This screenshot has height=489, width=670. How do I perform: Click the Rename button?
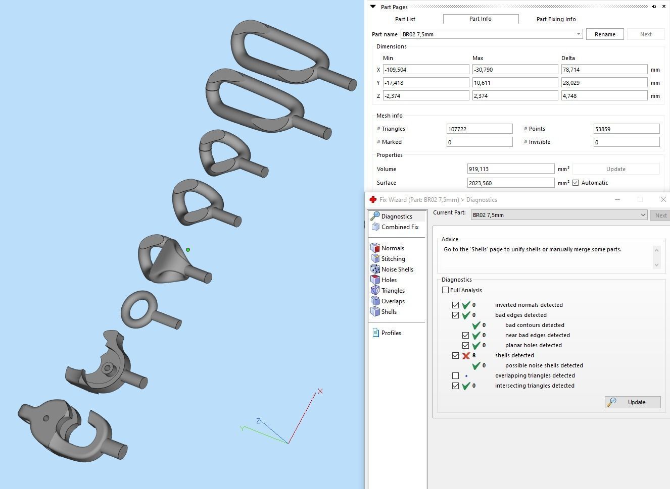pos(605,34)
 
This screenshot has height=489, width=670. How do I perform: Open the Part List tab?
pos(405,19)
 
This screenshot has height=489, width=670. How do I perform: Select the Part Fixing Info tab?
pos(556,19)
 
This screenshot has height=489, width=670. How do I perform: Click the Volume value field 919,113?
pos(510,169)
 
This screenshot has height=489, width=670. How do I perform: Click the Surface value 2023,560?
pos(510,183)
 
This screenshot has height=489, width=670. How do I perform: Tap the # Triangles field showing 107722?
pos(479,129)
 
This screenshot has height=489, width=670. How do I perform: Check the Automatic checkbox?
pos(576,183)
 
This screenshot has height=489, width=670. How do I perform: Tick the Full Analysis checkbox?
pos(445,290)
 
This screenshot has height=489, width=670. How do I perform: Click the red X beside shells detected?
pos(466,355)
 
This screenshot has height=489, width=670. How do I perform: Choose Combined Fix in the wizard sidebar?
pos(399,227)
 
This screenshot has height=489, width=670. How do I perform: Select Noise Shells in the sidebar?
pos(397,269)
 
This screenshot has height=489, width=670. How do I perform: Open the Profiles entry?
pos(391,333)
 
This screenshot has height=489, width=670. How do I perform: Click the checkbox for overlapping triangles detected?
pos(455,375)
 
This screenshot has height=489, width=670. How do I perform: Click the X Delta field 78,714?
pos(604,70)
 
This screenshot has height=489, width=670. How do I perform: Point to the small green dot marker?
pos(188,250)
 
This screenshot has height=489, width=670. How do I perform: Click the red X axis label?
pos(320,391)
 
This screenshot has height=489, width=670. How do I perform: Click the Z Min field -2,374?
pos(425,96)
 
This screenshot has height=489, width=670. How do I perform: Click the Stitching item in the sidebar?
pos(393,259)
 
